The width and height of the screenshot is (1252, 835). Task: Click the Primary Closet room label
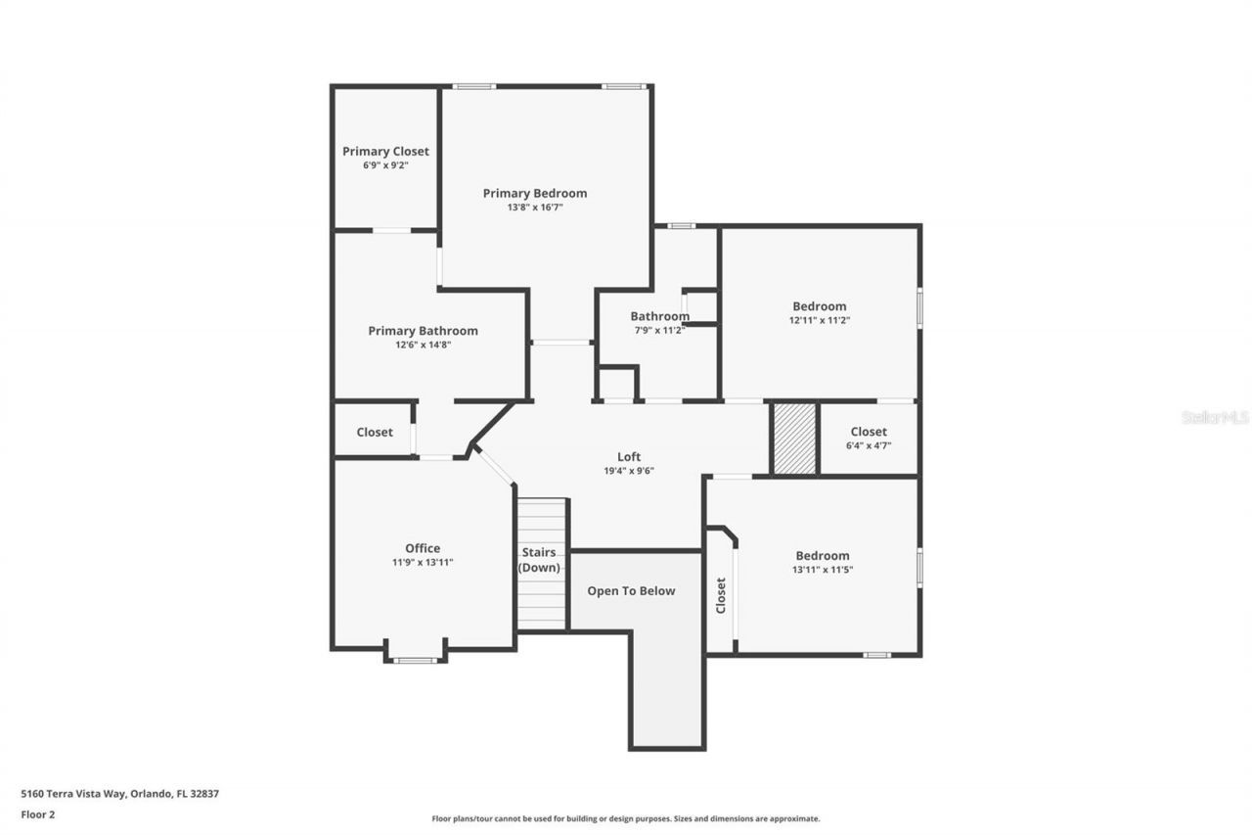pos(385,152)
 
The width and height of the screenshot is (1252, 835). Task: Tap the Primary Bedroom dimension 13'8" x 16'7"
pos(535,208)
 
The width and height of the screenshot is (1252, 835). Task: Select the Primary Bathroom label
pos(423,331)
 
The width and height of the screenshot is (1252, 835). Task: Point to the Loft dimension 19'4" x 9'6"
pos(629,471)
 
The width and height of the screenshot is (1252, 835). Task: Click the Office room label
pos(423,548)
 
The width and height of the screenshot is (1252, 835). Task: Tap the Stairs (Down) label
pos(539,560)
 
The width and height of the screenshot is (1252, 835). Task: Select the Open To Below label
pos(631,591)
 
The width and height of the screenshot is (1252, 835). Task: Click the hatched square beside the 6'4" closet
pos(794,439)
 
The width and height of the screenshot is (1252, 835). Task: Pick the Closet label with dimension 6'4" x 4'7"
pos(869,432)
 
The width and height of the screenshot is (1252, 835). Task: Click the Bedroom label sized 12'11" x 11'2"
pos(819,306)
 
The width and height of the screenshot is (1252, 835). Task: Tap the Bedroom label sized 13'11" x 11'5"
pos(822,555)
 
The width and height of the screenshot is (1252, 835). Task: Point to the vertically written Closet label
pos(721,595)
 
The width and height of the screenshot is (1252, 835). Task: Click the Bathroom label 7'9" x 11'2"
pos(659,316)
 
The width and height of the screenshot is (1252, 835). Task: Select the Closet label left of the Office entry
pos(375,432)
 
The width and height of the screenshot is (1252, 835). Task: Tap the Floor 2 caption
pos(37,813)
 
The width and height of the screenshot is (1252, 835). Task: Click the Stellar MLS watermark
pos(1215,417)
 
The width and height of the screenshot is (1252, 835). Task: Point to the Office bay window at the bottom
pos(415,660)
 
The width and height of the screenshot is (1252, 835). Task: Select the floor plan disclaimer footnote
pos(626,818)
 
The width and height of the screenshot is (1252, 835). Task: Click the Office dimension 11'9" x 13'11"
pos(423,563)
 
